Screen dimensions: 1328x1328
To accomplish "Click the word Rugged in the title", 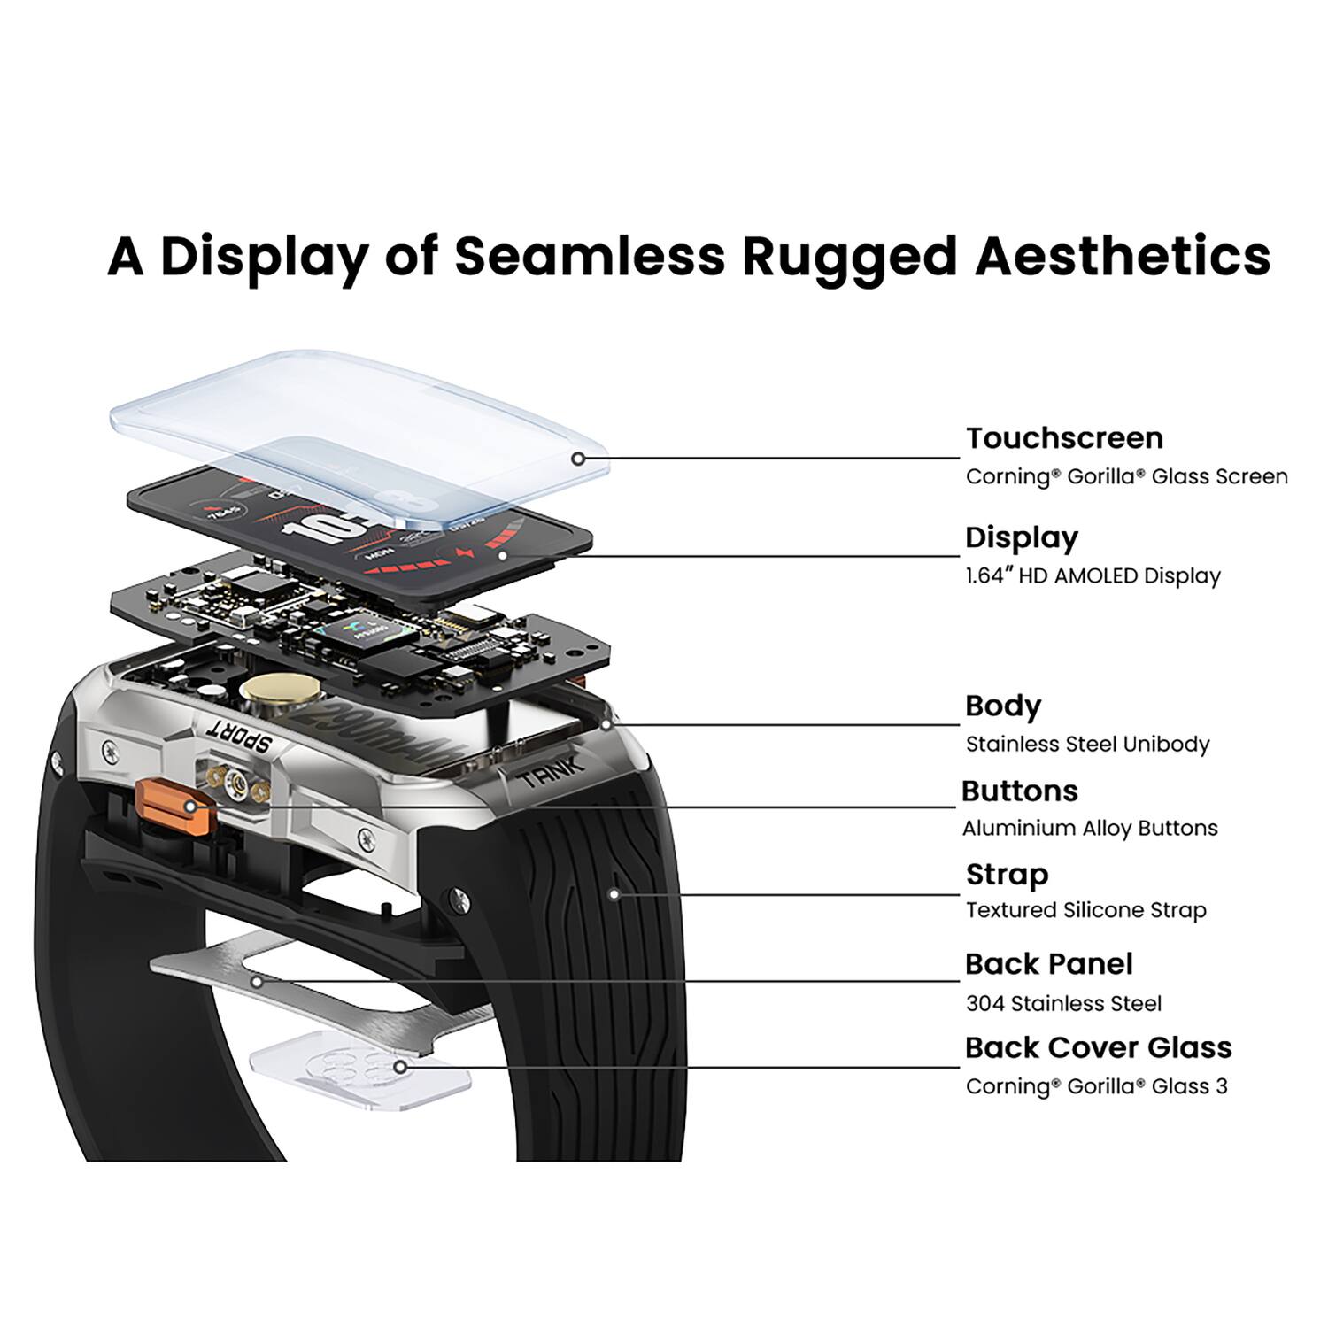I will point(849,257).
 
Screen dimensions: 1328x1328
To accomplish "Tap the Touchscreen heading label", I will point(1064,438).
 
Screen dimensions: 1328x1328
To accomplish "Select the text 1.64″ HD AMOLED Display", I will point(1093,576).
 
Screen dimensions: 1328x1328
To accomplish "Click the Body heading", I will point(1003,706).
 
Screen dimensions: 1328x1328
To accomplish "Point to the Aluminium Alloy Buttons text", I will point(1090,829).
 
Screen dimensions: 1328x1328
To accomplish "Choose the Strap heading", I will point(1007,875).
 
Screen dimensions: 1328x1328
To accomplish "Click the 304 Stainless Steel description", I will point(1063,1004).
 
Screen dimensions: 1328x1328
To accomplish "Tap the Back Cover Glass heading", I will point(1098,1048).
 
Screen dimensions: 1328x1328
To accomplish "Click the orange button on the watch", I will point(175,806).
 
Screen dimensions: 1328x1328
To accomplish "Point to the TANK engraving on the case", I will point(551,774).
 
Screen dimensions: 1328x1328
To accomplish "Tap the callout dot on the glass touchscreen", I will point(578,459).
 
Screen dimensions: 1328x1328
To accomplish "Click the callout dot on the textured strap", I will point(614,894).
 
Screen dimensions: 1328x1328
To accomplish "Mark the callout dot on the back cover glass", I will point(400,1067).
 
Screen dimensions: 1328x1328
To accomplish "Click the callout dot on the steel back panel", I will point(257,981).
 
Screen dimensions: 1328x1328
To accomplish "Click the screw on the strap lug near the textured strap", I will point(458,898).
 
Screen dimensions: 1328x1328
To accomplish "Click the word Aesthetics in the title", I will point(1123,257).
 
